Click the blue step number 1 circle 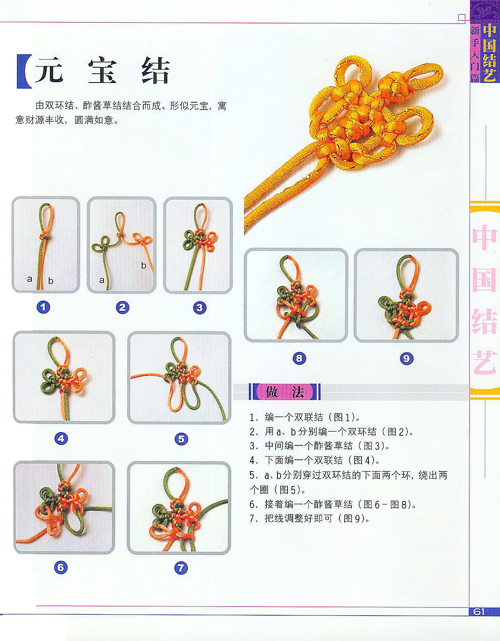click(x=44, y=308)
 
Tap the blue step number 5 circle click(x=181, y=438)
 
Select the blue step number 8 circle click(x=300, y=358)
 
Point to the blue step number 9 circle click(x=407, y=358)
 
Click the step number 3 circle click(x=200, y=308)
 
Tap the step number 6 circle click(x=60, y=568)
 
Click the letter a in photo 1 click(x=29, y=279)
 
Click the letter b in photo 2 click(x=143, y=265)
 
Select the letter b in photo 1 click(x=51, y=281)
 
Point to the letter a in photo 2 click(x=102, y=280)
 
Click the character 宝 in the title click(x=102, y=71)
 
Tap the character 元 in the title click(x=49, y=71)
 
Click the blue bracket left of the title click(x=23, y=71)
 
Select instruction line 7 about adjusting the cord click(x=309, y=518)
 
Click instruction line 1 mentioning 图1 click(x=305, y=417)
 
